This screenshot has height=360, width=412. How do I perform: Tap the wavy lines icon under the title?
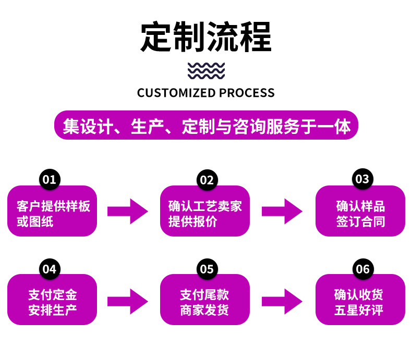tap(206, 70)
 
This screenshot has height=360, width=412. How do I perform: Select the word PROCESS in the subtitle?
tap(247, 93)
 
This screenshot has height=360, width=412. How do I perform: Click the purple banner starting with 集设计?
tap(206, 126)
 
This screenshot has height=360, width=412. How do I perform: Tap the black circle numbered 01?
tap(50, 180)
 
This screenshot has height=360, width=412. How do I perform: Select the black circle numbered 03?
tap(362, 180)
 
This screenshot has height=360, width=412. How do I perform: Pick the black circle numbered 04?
tap(50, 269)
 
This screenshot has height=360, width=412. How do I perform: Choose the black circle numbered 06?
tap(362, 269)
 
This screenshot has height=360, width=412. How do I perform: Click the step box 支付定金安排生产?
tap(52, 302)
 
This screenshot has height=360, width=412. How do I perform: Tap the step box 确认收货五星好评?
tap(360, 302)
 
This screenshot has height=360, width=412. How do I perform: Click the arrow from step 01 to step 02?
tap(128, 211)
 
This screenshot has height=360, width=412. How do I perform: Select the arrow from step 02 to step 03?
tap(282, 211)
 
